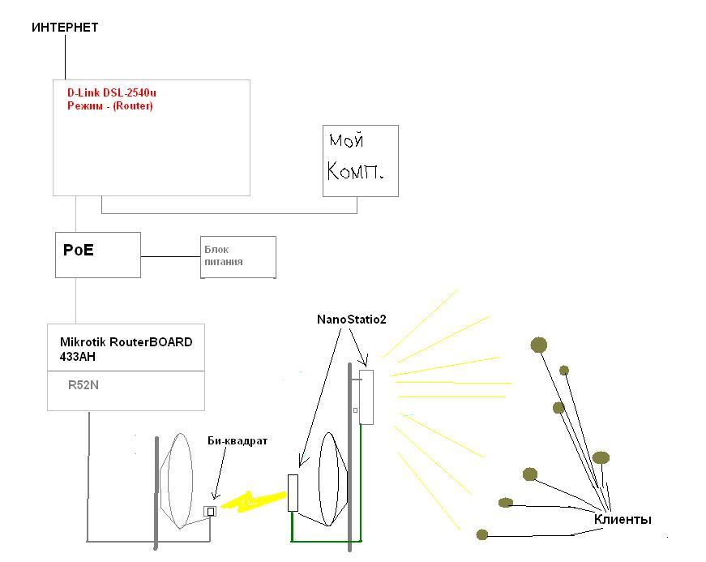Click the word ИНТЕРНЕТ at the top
pyautogui.click(x=65, y=28)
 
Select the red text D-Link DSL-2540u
pyautogui.click(x=112, y=93)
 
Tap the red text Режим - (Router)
pyautogui.click(x=109, y=106)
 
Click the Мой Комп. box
pyautogui.click(x=361, y=161)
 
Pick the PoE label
pyautogui.click(x=79, y=250)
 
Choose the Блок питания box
pyautogui.click(x=238, y=256)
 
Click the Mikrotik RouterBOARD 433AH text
pyautogui.click(x=126, y=349)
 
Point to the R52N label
pyautogui.click(x=83, y=386)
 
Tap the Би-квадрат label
pyautogui.click(x=237, y=440)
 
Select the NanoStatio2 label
pyautogui.click(x=351, y=320)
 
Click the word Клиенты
pyautogui.click(x=623, y=519)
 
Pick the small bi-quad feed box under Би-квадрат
pyautogui.click(x=210, y=511)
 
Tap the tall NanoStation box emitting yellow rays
pyautogui.click(x=366, y=397)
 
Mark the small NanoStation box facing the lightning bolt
pyautogui.click(x=293, y=492)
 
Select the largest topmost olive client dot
pyautogui.click(x=539, y=345)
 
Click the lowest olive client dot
pyautogui.click(x=482, y=534)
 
